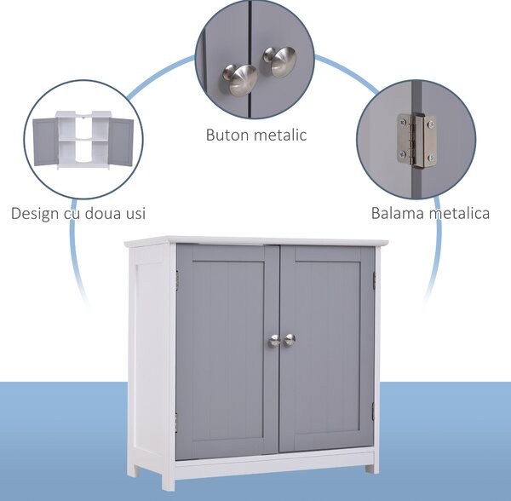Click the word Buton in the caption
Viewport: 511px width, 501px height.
(223, 135)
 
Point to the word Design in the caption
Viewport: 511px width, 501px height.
(35, 214)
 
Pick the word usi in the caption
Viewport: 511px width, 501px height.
(135, 214)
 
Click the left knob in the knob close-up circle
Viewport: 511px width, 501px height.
(240, 79)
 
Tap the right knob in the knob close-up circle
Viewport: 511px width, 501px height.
(280, 61)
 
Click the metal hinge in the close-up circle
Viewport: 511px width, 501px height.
(416, 141)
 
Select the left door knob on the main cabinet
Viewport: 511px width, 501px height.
(274, 342)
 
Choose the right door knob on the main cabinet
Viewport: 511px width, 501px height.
(289, 340)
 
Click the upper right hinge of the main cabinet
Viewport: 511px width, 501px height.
(375, 281)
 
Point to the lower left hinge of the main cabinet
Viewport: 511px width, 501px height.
(176, 422)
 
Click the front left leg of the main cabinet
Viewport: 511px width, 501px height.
(168, 481)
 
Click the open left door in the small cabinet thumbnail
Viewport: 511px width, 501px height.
(45, 142)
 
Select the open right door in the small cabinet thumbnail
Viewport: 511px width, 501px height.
(121, 141)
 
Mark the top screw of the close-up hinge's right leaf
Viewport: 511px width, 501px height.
(431, 124)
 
